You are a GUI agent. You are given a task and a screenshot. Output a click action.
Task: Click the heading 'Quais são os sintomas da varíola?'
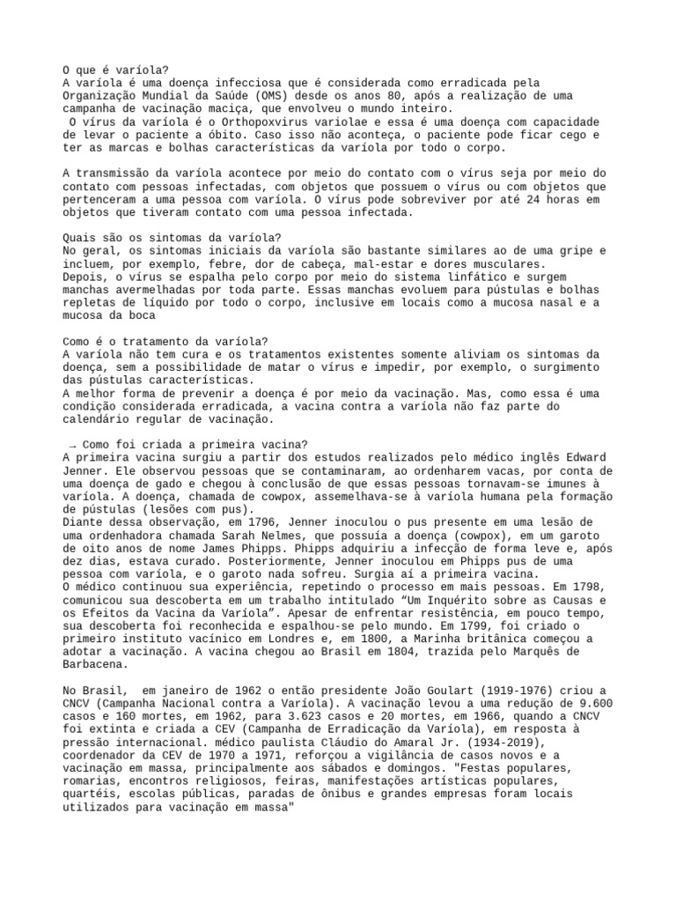click(173, 238)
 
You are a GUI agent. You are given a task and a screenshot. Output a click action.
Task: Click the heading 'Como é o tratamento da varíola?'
click(165, 342)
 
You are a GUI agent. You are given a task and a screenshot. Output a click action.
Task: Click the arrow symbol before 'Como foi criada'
click(71, 445)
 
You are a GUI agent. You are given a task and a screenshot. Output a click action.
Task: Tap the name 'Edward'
click(584, 458)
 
